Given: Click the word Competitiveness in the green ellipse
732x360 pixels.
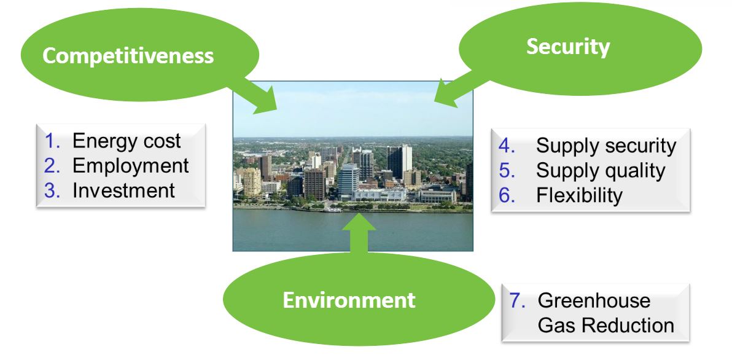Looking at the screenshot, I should [x=128, y=57].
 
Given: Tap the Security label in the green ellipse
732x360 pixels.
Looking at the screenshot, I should [x=567, y=47].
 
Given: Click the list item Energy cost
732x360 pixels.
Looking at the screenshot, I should [x=127, y=141].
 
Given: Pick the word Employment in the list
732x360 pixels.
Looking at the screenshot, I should [x=131, y=165].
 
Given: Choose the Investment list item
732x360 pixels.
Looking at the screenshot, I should [x=123, y=190].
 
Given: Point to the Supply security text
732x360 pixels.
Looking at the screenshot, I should [x=605, y=146].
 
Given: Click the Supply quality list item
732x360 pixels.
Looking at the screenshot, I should [x=600, y=171].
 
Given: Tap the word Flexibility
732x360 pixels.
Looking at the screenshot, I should [x=579, y=195].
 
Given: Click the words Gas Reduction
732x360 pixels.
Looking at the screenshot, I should [x=605, y=326].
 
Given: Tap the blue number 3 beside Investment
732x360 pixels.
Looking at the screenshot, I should [x=52, y=190].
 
